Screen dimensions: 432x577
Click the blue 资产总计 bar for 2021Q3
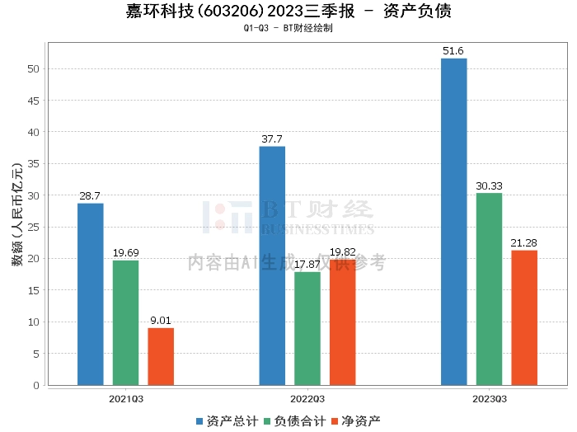(x=90, y=294)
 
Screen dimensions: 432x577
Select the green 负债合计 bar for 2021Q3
(x=125, y=322)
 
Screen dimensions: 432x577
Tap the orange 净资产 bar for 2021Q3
(x=161, y=356)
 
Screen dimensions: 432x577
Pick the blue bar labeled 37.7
(x=272, y=265)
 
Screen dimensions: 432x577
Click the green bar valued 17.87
(x=307, y=328)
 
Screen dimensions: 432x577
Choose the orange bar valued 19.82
(x=343, y=322)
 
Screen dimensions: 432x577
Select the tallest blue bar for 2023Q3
(x=453, y=222)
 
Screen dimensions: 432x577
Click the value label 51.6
(x=453, y=51)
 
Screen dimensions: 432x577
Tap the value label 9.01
(x=161, y=321)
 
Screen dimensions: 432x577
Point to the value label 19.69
(x=125, y=253)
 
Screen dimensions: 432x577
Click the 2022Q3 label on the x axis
(x=307, y=398)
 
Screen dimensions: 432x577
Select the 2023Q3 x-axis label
(x=490, y=398)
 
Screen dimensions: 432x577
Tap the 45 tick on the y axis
(x=35, y=101)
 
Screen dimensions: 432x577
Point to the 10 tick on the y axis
(x=35, y=322)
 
